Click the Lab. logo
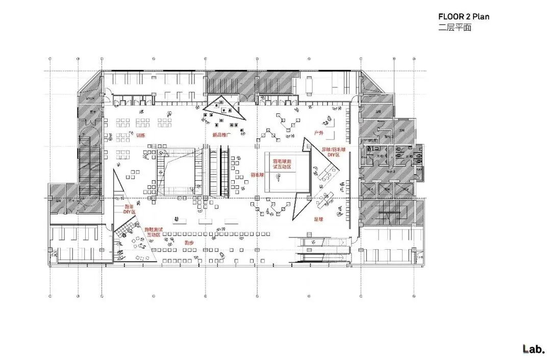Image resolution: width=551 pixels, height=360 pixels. (x=534, y=349)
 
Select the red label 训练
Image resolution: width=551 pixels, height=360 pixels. (x=141, y=135)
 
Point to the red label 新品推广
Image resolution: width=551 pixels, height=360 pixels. (x=222, y=135)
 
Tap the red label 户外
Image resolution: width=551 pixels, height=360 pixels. (x=319, y=133)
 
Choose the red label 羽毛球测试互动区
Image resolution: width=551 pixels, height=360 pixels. (x=281, y=164)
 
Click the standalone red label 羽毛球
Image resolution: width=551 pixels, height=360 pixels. (x=257, y=175)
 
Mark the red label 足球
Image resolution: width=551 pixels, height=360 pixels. (x=319, y=219)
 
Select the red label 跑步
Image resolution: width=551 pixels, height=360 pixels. (x=189, y=243)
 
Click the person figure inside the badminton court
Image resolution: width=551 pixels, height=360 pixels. (x=278, y=177)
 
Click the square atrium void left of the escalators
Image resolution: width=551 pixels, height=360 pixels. (x=177, y=171)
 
